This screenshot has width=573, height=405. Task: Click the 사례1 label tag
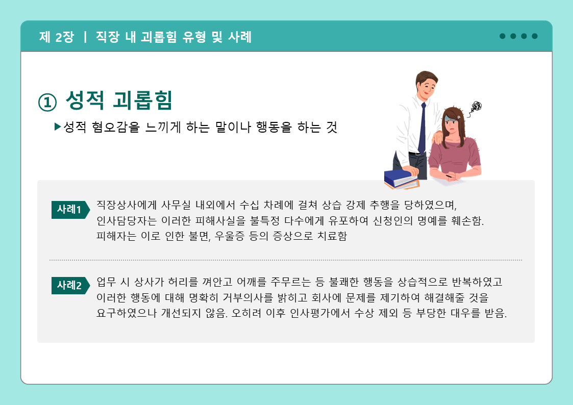tap(70, 210)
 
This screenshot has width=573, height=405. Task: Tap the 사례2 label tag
tap(70, 285)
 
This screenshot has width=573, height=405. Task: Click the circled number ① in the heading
tap(47, 102)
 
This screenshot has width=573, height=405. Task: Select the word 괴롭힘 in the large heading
tap(142, 100)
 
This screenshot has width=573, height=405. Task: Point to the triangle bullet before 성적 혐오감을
tap(57, 126)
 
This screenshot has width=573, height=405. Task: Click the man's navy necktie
tap(422, 128)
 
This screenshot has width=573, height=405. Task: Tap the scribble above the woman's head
tap(476, 107)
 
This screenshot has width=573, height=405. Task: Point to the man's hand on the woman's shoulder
tap(437, 137)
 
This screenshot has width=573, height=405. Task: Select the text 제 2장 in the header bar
tap(57, 37)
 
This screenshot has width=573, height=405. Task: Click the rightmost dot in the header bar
tap(535, 36)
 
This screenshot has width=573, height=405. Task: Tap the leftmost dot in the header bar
tap(503, 36)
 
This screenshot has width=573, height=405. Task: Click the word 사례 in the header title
tap(240, 37)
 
